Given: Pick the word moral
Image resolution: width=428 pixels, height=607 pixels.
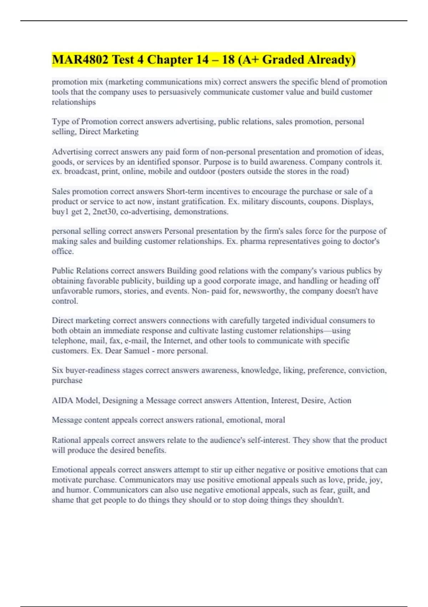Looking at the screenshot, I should (275, 420).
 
